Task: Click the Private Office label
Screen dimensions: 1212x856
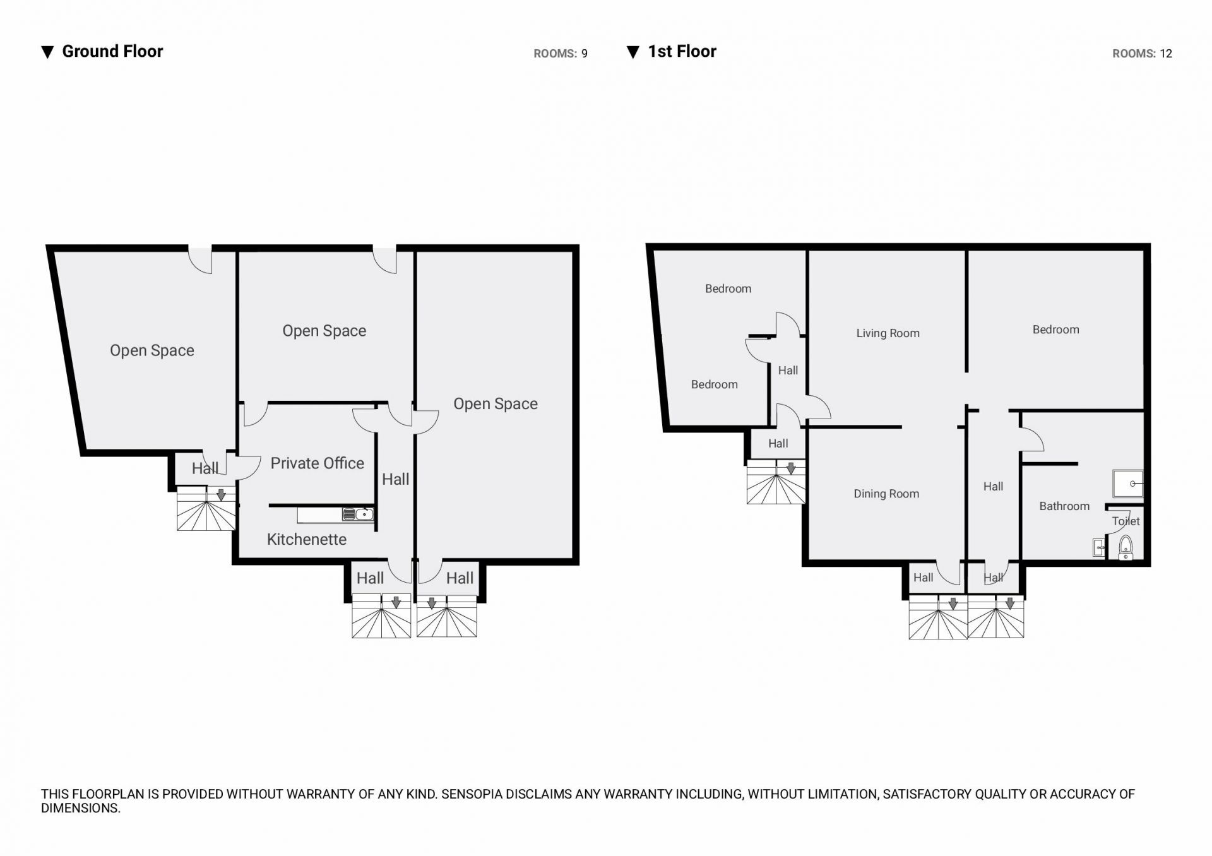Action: [x=317, y=463]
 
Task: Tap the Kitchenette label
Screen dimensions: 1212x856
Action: [x=307, y=540]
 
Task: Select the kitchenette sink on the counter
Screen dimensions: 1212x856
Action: [x=358, y=514]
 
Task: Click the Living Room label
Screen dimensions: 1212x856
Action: [x=888, y=333]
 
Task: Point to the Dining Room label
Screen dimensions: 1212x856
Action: [x=886, y=494]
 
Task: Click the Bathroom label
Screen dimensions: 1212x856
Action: [x=1064, y=506]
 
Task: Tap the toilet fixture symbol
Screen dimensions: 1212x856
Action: [x=1126, y=548]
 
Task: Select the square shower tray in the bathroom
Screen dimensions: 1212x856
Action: [x=1127, y=484]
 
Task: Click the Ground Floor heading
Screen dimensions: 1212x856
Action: [x=112, y=51]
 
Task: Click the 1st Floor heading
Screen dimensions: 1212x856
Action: [x=682, y=51]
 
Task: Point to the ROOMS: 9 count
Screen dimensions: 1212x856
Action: [x=561, y=54]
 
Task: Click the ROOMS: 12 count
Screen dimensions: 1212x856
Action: [x=1142, y=54]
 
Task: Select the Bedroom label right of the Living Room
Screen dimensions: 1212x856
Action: [x=1055, y=330]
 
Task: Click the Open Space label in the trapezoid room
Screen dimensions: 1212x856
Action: [x=152, y=350]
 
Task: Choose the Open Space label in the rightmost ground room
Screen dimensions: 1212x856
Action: [x=496, y=404]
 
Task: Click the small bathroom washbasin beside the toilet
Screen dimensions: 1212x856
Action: [x=1099, y=547]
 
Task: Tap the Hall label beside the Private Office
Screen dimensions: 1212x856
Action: [x=396, y=479]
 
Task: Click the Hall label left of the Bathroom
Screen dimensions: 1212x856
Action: [x=993, y=487]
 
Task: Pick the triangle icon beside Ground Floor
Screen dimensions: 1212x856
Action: [x=47, y=52]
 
